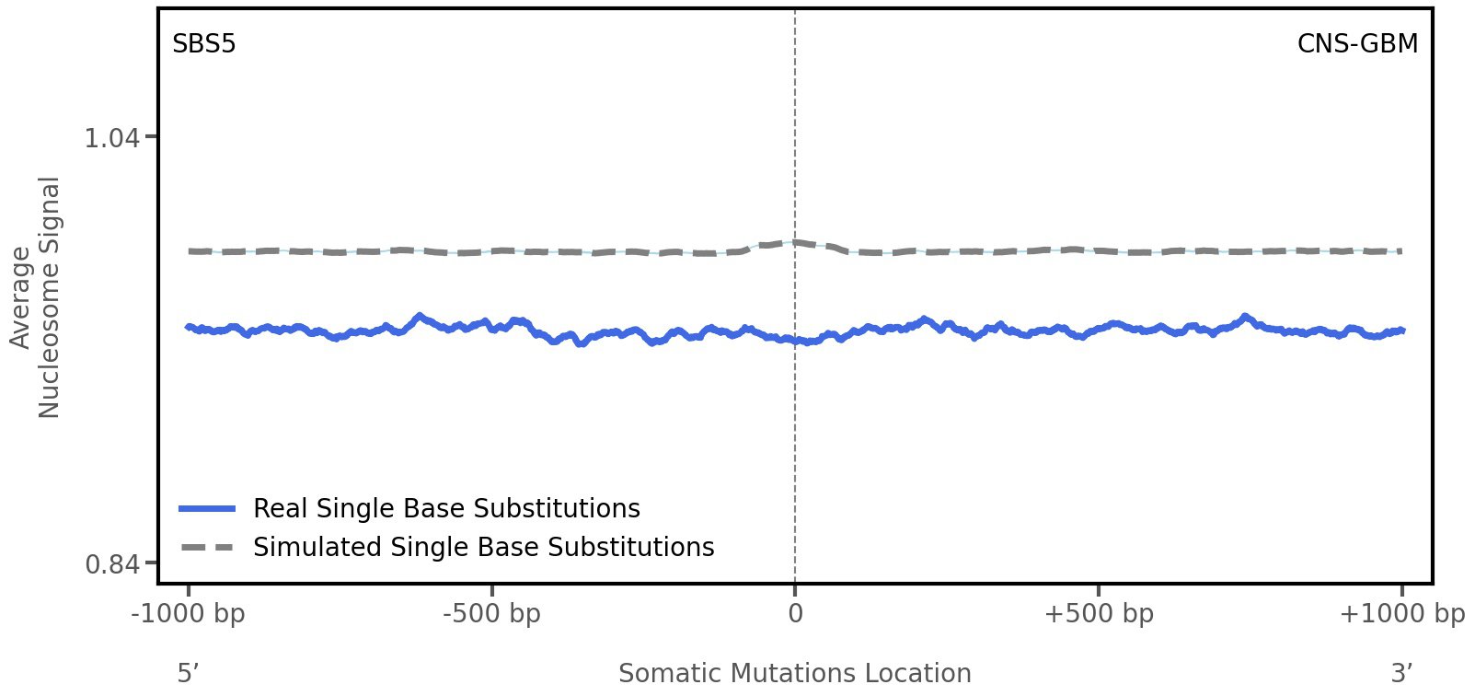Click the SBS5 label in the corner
point(203,44)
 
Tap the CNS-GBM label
point(1356,44)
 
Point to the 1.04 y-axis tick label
point(111,138)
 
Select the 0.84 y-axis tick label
point(111,563)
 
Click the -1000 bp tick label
point(189,613)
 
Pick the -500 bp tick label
point(491,613)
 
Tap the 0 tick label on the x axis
point(795,613)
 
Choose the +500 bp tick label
point(1098,613)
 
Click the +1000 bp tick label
point(1400,613)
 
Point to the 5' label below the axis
point(188,673)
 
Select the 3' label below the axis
point(1400,673)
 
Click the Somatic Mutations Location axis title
point(794,673)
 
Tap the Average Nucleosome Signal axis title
point(36,297)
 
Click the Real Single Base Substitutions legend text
point(446,508)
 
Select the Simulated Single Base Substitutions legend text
point(483,547)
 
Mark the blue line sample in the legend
point(208,508)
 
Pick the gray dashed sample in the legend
point(208,547)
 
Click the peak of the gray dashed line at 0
point(795,242)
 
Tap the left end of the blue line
point(189,327)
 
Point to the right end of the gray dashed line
point(1400,250)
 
